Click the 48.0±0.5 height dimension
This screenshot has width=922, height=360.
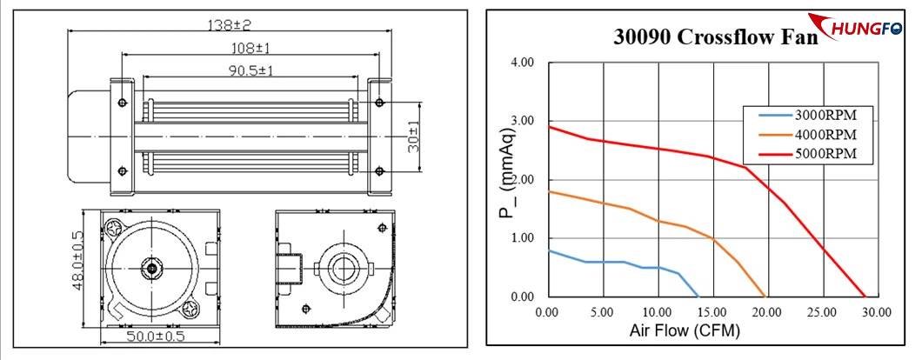77,260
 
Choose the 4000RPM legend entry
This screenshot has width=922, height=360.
825,135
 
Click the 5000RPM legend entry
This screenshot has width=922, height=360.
825,154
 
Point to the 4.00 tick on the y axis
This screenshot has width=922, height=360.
523,63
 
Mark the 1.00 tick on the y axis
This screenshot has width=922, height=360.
523,238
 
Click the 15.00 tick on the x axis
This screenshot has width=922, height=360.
712,311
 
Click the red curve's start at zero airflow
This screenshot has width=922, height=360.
548,127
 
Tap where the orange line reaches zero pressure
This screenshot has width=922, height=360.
765,297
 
